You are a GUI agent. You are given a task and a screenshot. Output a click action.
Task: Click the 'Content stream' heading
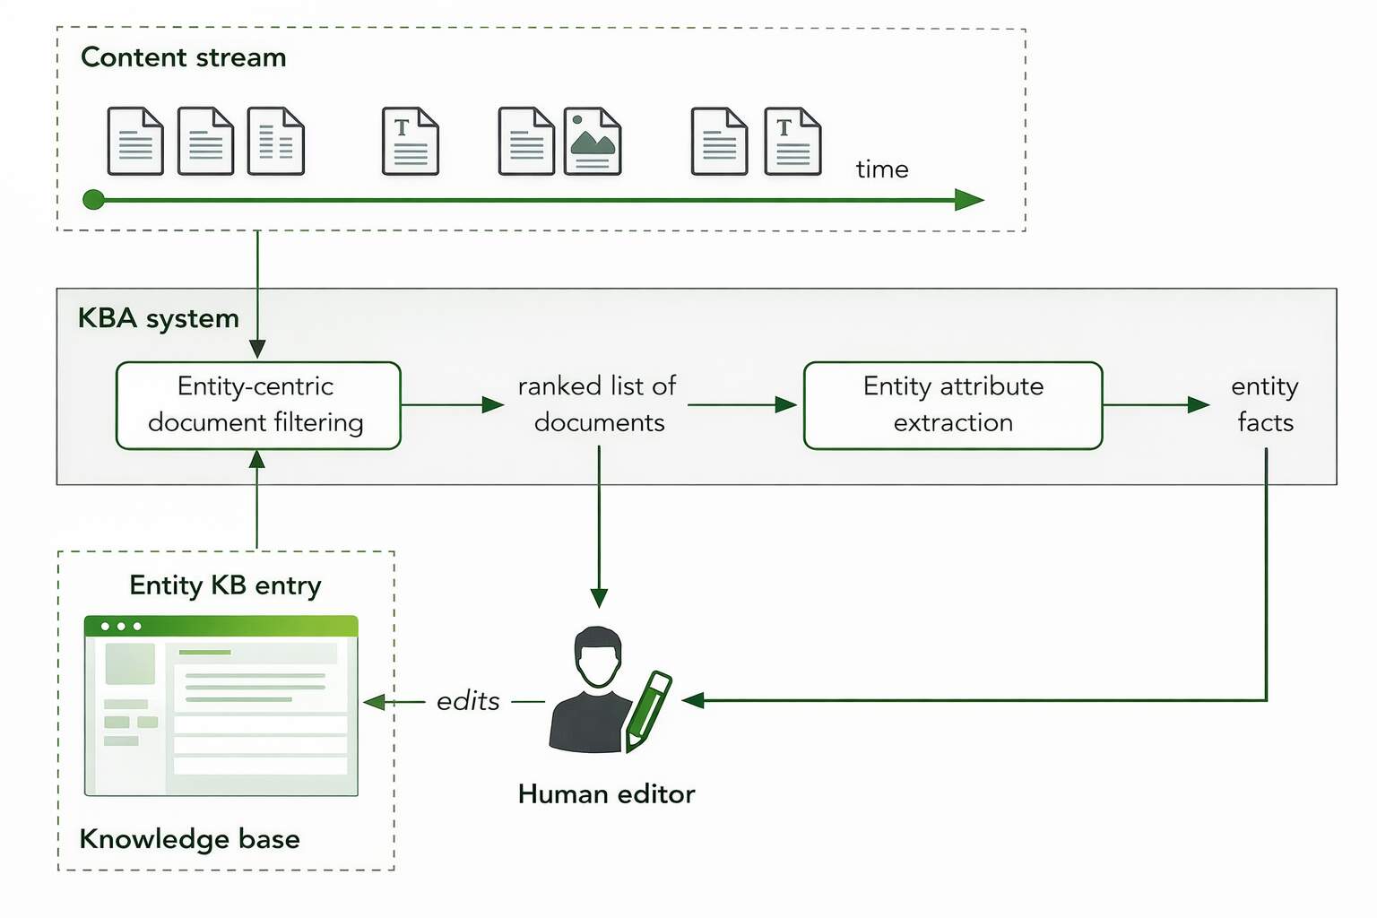[184, 57]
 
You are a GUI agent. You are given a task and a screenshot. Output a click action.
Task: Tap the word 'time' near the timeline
[882, 169]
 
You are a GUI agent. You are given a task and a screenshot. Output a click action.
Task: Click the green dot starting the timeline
[93, 200]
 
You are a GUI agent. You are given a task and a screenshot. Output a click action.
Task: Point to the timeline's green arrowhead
[969, 200]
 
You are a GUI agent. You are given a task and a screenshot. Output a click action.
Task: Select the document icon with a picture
[593, 142]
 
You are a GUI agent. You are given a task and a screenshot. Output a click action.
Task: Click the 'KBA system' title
[159, 318]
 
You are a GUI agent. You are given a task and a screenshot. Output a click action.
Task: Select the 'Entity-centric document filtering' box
[258, 405]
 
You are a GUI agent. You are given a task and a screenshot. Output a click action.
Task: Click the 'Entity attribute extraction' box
[953, 405]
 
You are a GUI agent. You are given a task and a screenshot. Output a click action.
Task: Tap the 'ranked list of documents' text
[598, 404]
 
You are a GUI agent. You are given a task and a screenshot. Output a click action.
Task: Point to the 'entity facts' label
[1265, 404]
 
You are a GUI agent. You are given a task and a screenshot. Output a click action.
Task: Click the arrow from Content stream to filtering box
[257, 296]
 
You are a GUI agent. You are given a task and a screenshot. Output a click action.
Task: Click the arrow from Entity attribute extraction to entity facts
[1156, 405]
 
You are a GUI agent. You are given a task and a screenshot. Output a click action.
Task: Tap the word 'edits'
[468, 701]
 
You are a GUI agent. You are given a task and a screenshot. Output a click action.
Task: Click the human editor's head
[598, 657]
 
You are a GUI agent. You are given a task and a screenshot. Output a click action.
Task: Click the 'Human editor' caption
[606, 794]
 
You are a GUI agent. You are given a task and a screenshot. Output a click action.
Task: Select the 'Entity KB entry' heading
[225, 585]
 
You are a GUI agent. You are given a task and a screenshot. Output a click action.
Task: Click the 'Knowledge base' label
[190, 839]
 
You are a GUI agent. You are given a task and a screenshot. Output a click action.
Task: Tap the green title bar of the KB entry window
[221, 626]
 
